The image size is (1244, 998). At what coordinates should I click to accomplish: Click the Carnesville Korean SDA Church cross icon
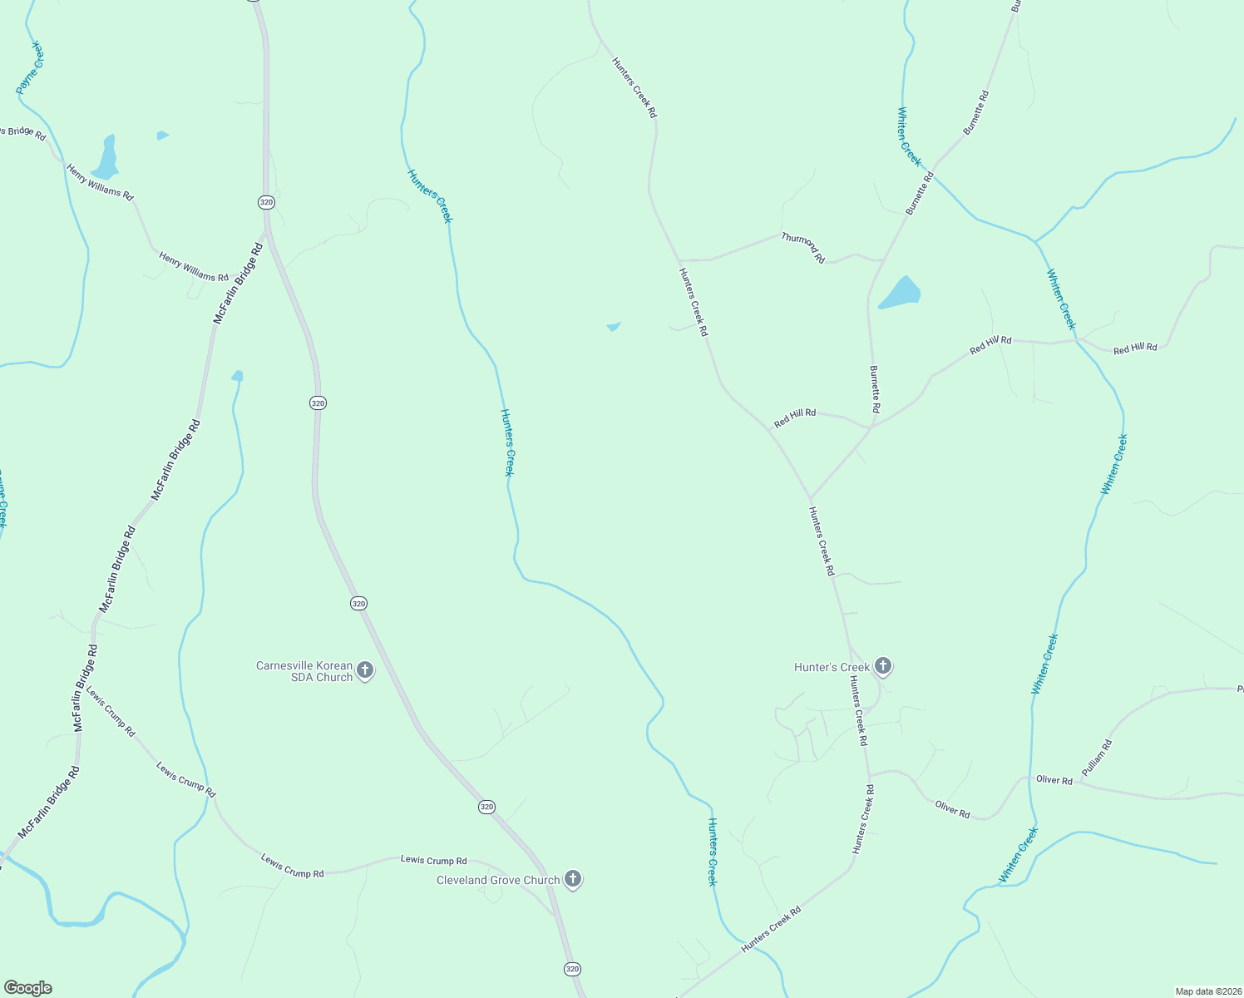364,669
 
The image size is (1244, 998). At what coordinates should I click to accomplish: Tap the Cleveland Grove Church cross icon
572,878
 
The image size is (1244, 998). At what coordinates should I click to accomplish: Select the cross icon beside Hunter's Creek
883,665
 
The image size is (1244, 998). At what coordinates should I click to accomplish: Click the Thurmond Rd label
803,248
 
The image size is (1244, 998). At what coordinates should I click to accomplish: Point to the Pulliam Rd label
1096,758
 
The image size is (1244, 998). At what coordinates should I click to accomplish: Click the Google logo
27,988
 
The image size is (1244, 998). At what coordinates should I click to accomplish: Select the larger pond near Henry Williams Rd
106,156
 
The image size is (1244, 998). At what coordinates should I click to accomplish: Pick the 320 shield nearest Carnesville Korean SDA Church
358,603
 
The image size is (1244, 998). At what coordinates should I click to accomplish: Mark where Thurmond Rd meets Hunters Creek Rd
679,260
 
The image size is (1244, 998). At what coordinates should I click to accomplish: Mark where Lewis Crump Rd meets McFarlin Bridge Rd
91,684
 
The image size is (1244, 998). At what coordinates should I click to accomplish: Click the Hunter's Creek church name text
832,667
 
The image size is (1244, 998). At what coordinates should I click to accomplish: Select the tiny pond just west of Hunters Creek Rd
614,326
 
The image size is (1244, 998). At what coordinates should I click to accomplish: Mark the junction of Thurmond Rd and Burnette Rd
882,260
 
